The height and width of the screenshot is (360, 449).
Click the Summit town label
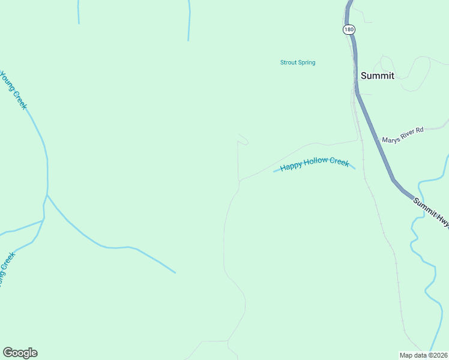pos(377,76)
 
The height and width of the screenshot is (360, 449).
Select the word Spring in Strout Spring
pos(306,62)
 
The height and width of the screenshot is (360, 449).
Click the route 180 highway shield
pos(349,29)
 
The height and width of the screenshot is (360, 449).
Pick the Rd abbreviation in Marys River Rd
pos(420,129)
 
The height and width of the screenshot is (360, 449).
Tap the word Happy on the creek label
pos(291,166)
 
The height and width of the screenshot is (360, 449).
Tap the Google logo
pos(20,353)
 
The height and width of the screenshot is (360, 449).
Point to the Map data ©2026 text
pos(423,355)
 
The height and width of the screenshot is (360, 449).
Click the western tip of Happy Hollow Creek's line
pos(274,172)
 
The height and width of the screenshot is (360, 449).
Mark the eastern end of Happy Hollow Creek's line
pos(355,169)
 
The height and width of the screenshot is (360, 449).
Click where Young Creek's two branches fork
pos(47,195)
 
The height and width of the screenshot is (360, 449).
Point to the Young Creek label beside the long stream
pos(14,90)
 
